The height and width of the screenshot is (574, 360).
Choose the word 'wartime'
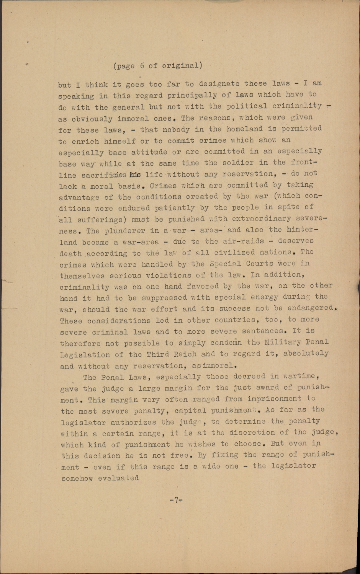(x=301, y=376)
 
